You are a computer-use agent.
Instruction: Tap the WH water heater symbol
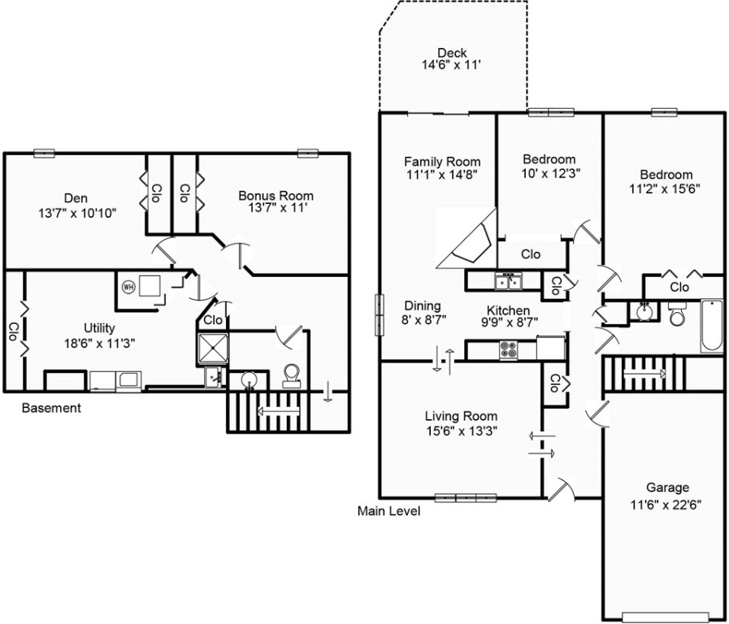pyautogui.click(x=128, y=286)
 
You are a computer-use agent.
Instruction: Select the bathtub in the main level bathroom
pyautogui.click(x=711, y=326)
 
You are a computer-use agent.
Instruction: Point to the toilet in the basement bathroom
pyautogui.click(x=290, y=375)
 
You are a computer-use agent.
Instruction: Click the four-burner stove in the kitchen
pyautogui.click(x=509, y=350)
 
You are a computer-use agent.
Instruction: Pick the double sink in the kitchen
pyautogui.click(x=508, y=282)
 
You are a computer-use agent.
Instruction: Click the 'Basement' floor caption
pyautogui.click(x=51, y=408)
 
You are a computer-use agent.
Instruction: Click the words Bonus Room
pyautogui.click(x=276, y=196)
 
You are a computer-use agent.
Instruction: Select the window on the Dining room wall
pyautogui.click(x=377, y=314)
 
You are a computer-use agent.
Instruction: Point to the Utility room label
pyautogui.click(x=98, y=327)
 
